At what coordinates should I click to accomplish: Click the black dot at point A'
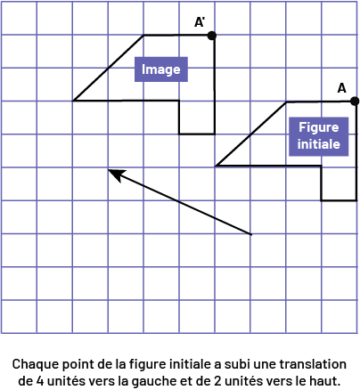[x=211, y=36]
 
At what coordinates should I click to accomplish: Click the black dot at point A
[x=355, y=102]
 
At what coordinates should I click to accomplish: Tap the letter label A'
[x=200, y=22]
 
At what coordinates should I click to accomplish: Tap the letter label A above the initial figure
[x=341, y=88]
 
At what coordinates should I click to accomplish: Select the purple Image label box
[x=161, y=69]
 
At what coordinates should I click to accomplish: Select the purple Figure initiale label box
[x=318, y=136]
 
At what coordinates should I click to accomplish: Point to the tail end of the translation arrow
[x=251, y=234]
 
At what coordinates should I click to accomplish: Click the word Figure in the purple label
[x=318, y=128]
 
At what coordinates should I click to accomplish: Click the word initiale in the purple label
[x=318, y=144]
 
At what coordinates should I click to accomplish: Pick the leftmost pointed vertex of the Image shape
[x=73, y=101]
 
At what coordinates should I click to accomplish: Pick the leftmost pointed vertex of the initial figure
[x=216, y=166]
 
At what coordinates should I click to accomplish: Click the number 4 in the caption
[x=40, y=381]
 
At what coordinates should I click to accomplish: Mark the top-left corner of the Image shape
[x=143, y=36]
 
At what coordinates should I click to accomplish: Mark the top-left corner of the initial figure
[x=286, y=102]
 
